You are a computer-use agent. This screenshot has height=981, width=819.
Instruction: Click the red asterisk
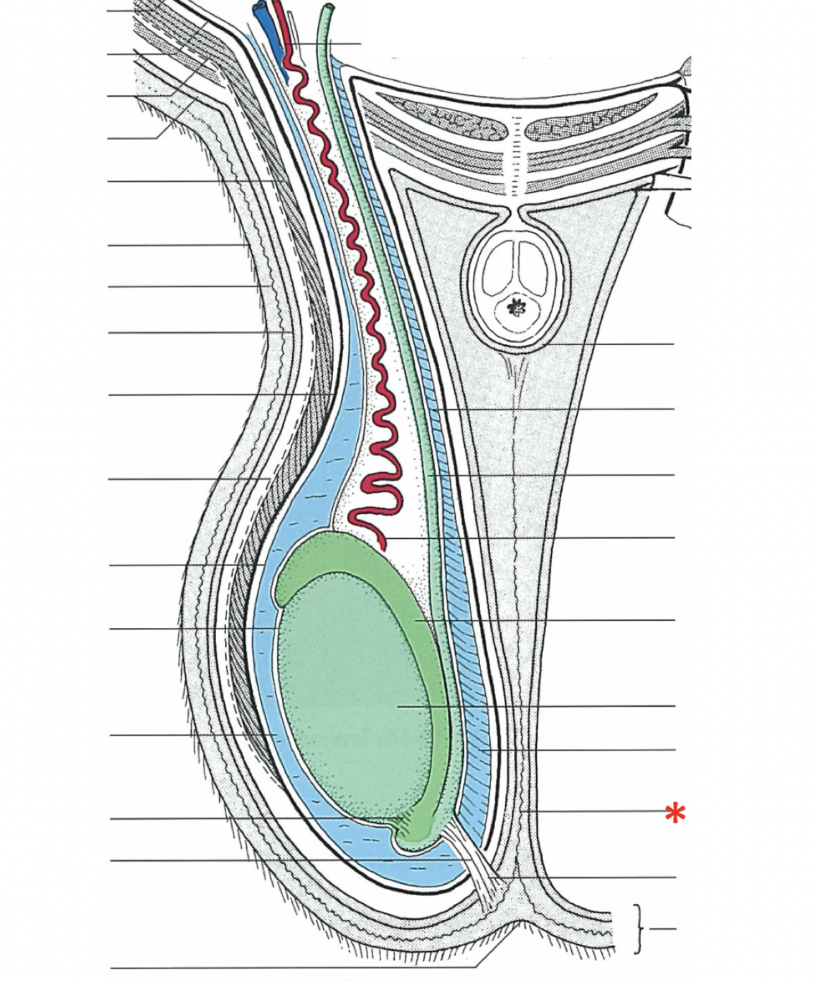675,814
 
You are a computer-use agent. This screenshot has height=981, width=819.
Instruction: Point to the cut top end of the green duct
328,8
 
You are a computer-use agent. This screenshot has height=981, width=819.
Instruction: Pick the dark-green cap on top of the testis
323,559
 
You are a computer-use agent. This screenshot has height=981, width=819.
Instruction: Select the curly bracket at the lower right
638,929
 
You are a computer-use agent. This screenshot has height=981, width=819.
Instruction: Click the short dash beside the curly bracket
663,929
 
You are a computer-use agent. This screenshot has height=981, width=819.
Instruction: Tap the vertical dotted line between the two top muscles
513,154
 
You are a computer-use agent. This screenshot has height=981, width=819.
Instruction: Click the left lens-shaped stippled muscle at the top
437,115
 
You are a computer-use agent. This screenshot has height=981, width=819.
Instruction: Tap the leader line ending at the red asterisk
595,811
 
